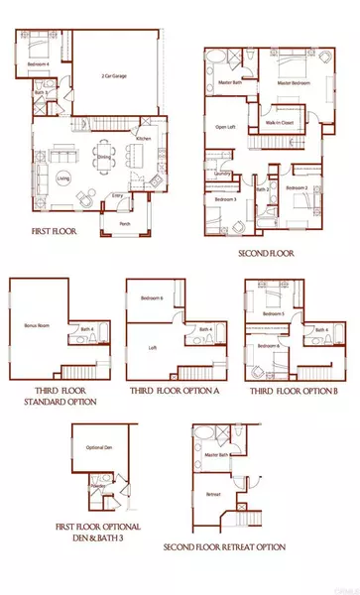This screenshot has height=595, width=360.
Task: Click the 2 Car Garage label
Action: coord(117,76)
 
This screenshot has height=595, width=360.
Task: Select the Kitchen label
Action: coord(143,139)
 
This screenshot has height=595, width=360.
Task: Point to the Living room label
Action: coord(62,178)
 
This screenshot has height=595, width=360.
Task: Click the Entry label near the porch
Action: coord(121,196)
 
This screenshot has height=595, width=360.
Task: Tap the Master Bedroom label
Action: coord(295,83)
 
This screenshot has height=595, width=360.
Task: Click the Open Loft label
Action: coord(224,127)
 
